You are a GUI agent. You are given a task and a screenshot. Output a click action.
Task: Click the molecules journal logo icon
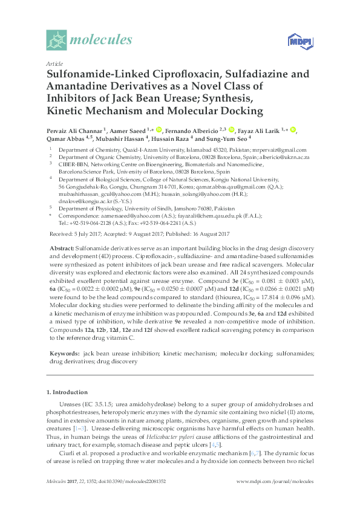click(57, 41)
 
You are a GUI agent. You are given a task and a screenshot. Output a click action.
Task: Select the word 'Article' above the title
click(54, 63)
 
